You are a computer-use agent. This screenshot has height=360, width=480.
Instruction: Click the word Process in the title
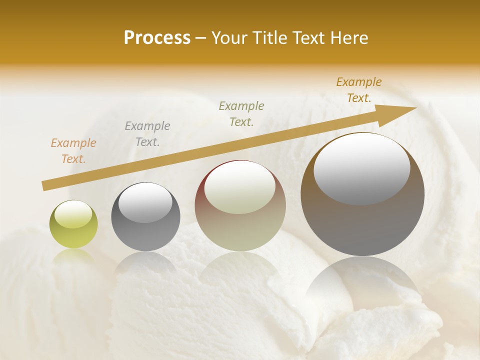[x=157, y=38]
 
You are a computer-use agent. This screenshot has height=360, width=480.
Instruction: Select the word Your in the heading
[x=229, y=38]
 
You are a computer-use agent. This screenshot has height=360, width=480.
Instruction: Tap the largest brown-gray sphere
[x=362, y=220]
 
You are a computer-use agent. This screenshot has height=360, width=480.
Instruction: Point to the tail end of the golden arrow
[x=45, y=186]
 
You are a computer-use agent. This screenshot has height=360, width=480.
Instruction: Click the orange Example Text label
[x=73, y=151]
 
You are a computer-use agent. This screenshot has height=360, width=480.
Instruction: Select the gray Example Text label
[x=147, y=134]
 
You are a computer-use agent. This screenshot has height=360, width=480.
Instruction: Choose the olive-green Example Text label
[x=241, y=114]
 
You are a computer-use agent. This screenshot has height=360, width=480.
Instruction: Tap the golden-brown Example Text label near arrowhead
[x=358, y=90]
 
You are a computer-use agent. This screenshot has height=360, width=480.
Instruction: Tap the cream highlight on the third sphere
[x=239, y=187]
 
